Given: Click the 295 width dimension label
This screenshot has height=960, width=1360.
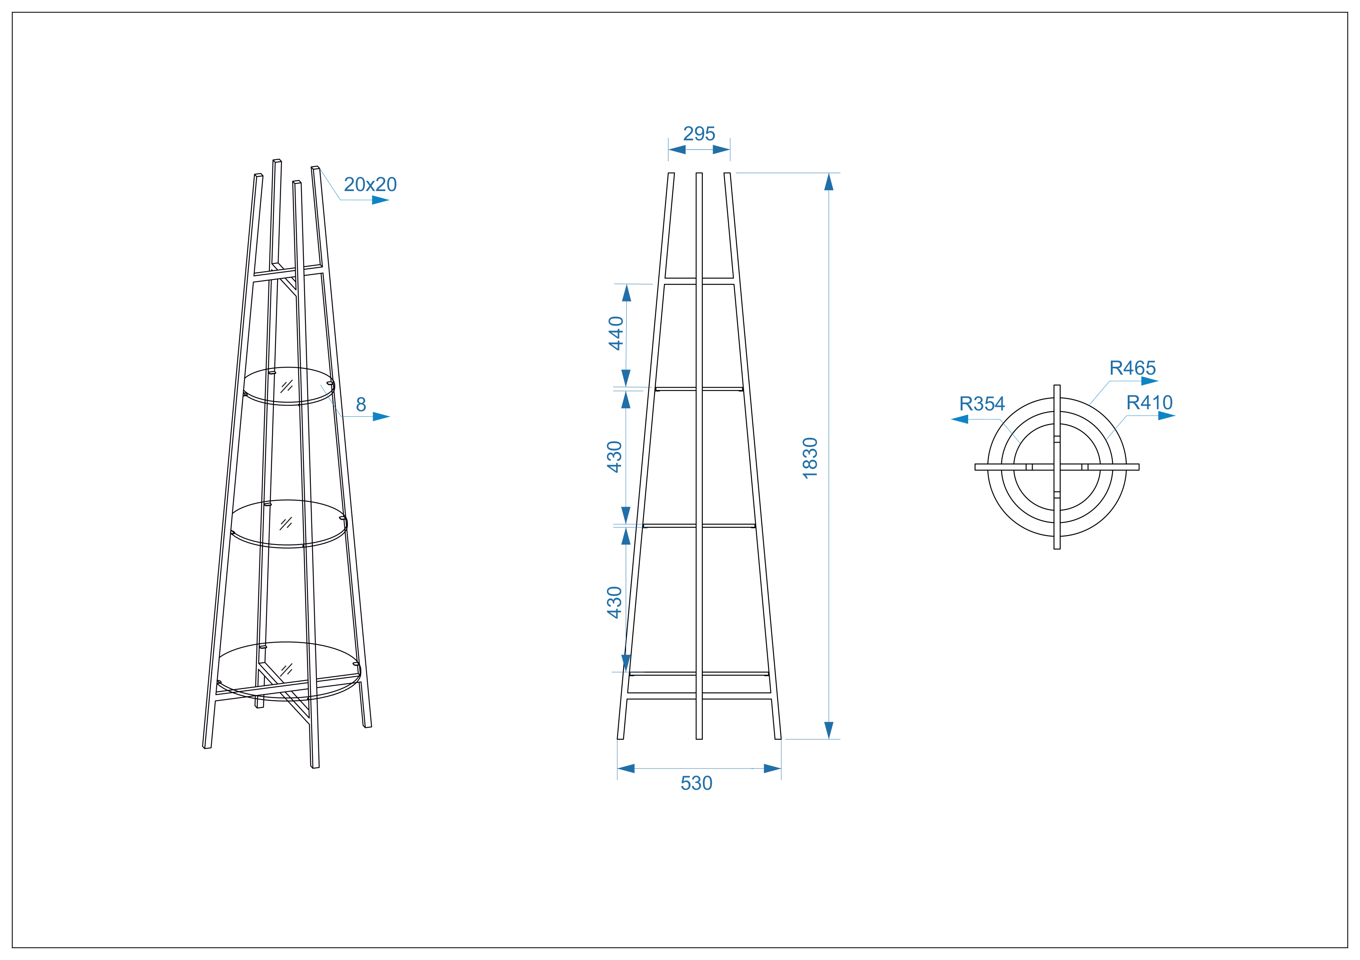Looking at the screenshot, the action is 699,134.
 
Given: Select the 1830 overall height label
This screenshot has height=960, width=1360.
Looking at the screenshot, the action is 810,458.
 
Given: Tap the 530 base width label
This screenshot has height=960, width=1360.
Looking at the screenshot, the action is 696,783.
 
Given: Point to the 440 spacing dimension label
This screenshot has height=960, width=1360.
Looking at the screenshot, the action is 616,333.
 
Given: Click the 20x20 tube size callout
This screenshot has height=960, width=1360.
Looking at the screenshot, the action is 370,185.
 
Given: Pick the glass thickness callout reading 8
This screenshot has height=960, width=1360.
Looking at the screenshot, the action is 361,405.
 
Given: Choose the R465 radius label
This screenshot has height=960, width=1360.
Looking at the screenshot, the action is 1132,368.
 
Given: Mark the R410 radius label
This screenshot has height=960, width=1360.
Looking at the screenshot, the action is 1149,403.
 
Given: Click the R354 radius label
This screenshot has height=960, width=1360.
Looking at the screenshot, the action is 982,404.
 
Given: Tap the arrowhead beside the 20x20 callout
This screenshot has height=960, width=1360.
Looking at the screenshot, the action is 380,200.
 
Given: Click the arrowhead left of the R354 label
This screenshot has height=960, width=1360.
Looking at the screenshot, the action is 959,419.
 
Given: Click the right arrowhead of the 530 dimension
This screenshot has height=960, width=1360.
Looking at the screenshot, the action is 772,769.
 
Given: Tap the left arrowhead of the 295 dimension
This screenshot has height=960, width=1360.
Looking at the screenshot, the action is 677,150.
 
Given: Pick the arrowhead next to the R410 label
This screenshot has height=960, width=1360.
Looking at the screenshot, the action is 1166,416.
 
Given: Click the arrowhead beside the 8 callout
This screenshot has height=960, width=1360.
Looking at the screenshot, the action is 381,417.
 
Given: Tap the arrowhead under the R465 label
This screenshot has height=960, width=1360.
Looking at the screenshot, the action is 1150,381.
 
